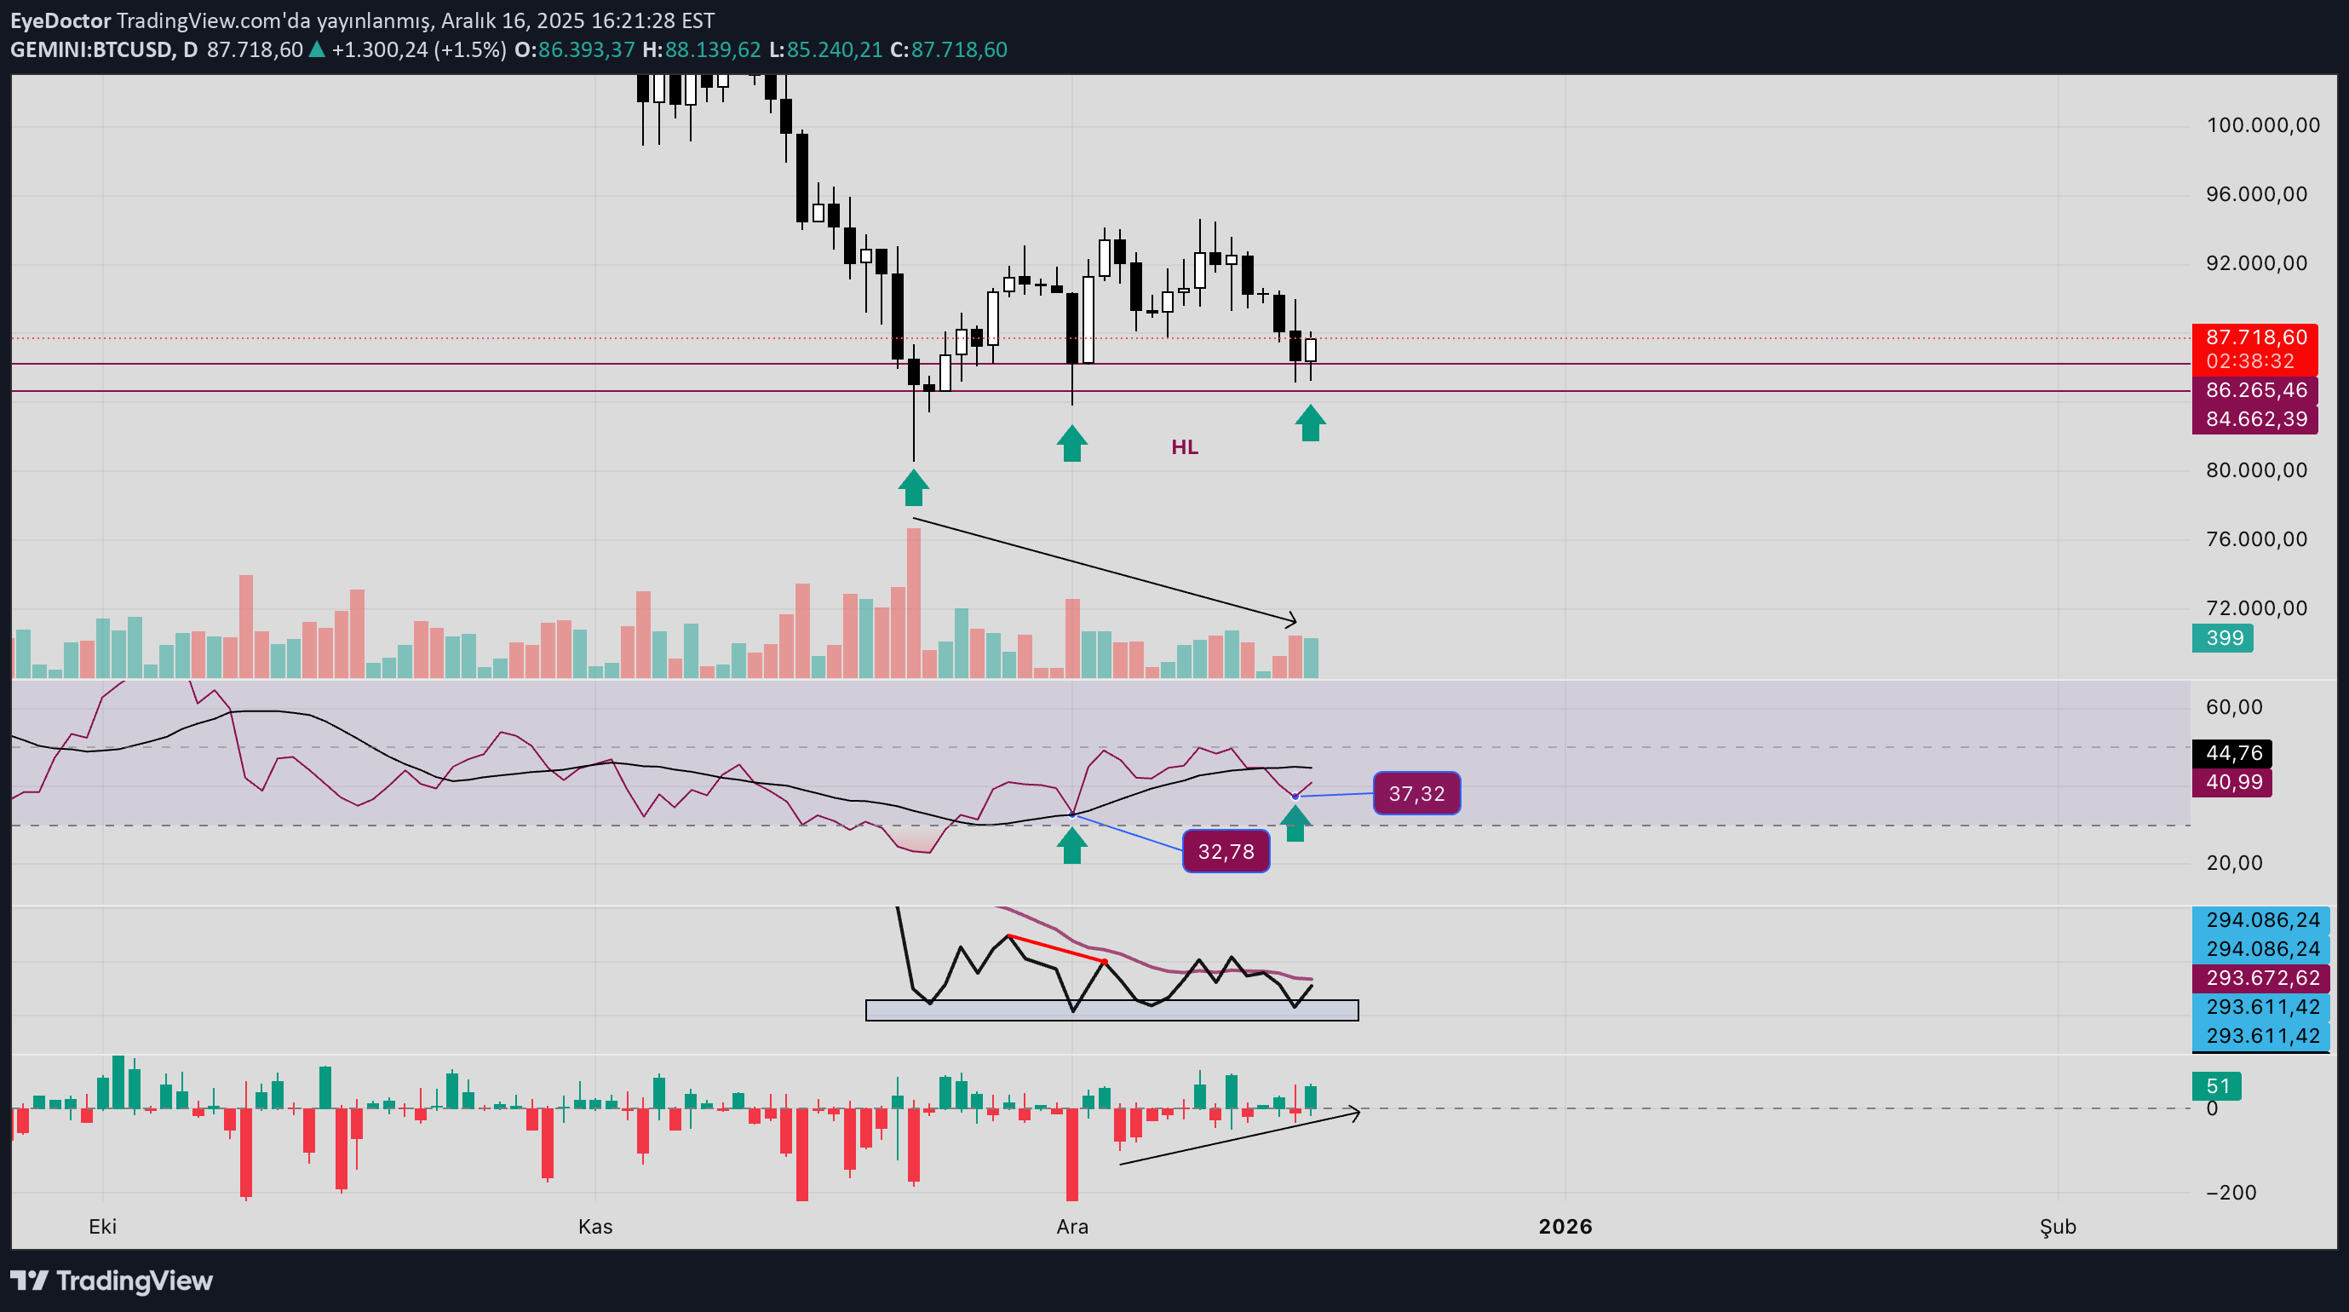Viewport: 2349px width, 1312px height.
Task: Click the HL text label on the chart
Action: pyautogui.click(x=1184, y=447)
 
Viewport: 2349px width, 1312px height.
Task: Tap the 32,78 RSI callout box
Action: pyautogui.click(x=1226, y=851)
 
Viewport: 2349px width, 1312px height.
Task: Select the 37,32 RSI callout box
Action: pyautogui.click(x=1416, y=794)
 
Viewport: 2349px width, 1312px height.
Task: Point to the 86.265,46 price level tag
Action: pyautogui.click(x=2255, y=390)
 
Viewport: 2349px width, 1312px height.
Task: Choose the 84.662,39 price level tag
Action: pyautogui.click(x=2255, y=420)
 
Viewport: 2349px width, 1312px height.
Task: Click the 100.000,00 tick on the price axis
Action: pyautogui.click(x=2262, y=125)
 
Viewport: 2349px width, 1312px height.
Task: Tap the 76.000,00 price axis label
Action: pyautogui.click(x=2256, y=539)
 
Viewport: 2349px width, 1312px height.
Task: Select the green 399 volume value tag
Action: pyautogui.click(x=2223, y=638)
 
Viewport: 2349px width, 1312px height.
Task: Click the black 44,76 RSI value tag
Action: pyautogui.click(x=2233, y=753)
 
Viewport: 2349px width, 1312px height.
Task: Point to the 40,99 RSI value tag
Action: pyautogui.click(x=2233, y=782)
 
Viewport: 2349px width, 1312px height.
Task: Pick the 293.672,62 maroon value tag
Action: pyautogui.click(x=2262, y=978)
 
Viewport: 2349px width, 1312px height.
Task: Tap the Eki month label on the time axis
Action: pyautogui.click(x=102, y=1226)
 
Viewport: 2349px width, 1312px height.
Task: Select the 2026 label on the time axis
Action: pyautogui.click(x=1565, y=1226)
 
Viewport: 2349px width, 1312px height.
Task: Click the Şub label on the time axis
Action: pyautogui.click(x=2057, y=1226)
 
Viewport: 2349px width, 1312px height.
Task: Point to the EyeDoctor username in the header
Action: pyautogui.click(x=60, y=20)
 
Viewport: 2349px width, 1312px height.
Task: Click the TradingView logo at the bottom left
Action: pyautogui.click(x=112, y=1281)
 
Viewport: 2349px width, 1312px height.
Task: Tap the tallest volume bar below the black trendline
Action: pyautogui.click(x=914, y=602)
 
